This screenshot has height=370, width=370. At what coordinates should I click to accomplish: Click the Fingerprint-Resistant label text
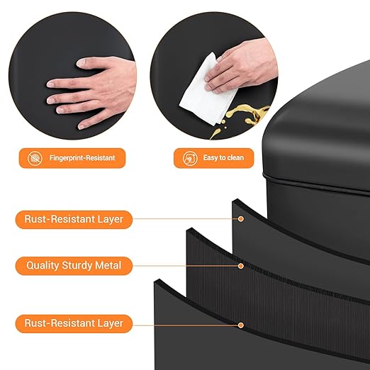point(82,158)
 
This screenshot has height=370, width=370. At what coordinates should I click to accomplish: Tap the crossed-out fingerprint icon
point(35,158)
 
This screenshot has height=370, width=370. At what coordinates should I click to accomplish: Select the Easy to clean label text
point(223,157)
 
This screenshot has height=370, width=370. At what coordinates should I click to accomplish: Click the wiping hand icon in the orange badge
point(190,158)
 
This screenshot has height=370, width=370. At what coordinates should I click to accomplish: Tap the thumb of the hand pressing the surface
point(86,62)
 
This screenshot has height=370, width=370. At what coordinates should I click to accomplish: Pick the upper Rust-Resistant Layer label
point(74,220)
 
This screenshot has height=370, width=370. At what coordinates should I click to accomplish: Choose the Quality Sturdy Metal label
point(74,266)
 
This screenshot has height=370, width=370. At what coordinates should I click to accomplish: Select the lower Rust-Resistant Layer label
point(74,323)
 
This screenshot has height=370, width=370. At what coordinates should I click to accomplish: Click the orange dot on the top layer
point(241,219)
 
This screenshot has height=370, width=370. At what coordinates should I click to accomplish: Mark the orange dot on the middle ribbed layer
point(241,266)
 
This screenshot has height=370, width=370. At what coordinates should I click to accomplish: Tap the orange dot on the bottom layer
point(241,325)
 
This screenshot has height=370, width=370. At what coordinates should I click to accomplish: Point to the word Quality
point(43,266)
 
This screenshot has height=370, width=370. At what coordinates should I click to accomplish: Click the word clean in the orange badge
point(234,157)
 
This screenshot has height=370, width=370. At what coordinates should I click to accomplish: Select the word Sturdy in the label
point(77,266)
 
